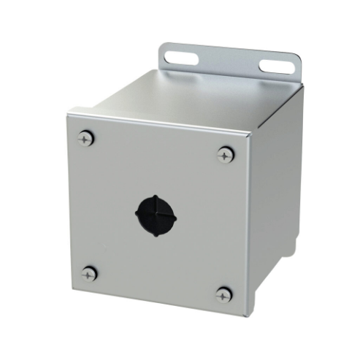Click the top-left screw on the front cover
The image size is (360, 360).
point(88,137)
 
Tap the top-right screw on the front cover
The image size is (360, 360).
point(224,154)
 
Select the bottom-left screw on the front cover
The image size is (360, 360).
point(89,275)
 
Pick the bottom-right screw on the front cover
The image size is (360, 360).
point(223,294)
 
